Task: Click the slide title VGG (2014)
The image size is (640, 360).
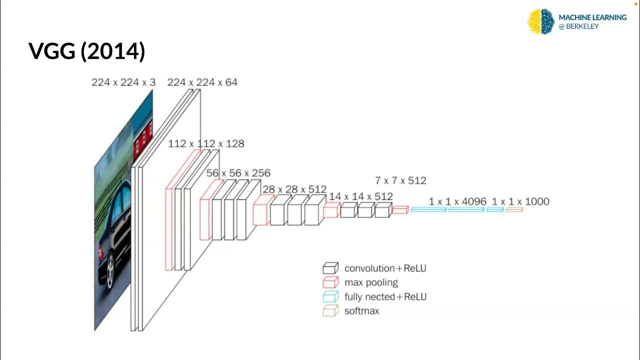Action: coord(87,51)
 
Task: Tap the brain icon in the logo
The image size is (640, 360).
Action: coord(541,21)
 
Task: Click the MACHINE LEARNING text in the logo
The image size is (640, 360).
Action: coord(592,17)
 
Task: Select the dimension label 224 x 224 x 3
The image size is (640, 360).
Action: coord(123,82)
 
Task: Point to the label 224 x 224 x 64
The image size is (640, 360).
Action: coord(202,82)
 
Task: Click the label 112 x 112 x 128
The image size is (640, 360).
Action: coord(206,144)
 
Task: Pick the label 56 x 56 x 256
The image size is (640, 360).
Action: coord(238,173)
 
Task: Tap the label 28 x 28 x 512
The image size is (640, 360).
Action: coord(294,189)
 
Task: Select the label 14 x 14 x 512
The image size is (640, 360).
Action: coord(360,196)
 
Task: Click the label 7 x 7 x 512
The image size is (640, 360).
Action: coord(400,180)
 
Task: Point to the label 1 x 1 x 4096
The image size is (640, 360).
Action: coord(457,201)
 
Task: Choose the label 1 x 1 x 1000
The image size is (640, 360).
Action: coord(520,201)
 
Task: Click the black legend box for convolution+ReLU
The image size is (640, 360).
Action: coord(330,268)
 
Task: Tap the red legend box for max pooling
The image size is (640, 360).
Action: coord(330,282)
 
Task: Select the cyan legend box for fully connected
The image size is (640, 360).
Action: coord(330,296)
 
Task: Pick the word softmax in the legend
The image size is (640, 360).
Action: coord(361,311)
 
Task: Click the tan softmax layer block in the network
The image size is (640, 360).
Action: coord(514,210)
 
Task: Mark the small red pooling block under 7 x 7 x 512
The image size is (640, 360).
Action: coord(400,210)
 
